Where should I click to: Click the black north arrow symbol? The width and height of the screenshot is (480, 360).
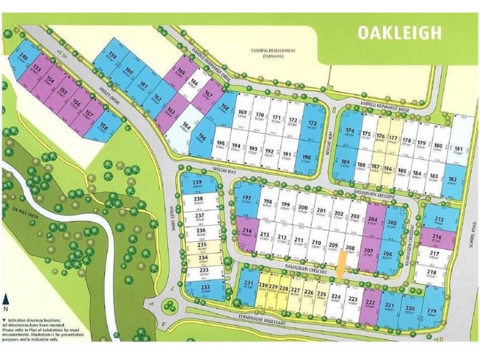coord(6,298)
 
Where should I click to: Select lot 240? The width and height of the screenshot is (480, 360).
coord(25,62)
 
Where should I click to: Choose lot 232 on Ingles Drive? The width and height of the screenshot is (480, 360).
coord(205,291)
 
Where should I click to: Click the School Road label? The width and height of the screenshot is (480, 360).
coord(468,237)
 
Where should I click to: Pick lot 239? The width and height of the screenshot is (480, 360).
coord(197,187)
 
